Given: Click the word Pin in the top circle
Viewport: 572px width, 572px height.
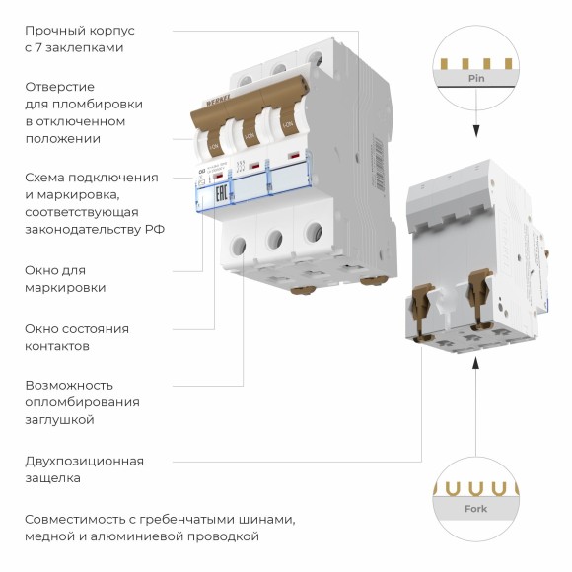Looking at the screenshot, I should [476, 77].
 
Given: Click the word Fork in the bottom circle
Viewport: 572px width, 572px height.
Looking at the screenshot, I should [476, 509].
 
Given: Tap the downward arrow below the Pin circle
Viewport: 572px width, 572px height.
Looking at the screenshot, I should [476, 128].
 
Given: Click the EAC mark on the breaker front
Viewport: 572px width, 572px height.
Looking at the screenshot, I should [222, 190].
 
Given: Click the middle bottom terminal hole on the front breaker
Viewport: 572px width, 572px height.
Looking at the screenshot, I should [276, 237].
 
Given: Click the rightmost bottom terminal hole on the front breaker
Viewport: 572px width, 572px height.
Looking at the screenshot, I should [314, 232].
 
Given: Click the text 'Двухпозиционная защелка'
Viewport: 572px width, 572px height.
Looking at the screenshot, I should [84, 469].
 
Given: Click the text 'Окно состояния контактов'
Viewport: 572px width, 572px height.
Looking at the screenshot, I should [77, 337].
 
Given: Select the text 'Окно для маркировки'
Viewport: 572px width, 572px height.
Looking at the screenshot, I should [65, 278].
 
